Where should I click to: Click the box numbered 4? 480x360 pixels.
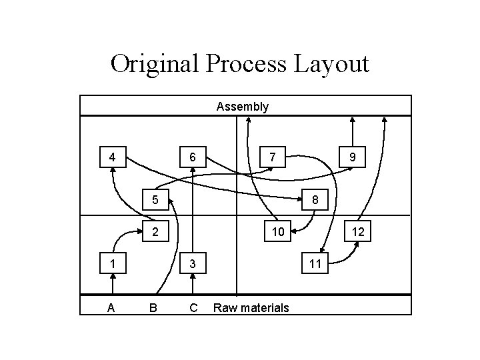[x=113, y=158]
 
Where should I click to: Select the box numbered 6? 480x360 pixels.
[x=193, y=158]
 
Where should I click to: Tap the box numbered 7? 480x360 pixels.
[x=272, y=158]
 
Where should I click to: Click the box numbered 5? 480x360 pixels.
[x=154, y=199]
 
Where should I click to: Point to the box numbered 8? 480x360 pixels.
[x=315, y=199]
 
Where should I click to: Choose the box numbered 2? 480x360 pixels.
[x=154, y=232]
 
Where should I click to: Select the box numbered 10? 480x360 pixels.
[x=275, y=232]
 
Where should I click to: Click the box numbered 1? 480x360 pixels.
[x=113, y=263]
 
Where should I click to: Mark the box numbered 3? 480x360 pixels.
[x=193, y=263]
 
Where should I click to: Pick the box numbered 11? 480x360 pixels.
[x=315, y=263]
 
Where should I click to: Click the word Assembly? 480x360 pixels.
[x=243, y=106]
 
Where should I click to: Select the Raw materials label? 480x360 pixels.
[x=251, y=307]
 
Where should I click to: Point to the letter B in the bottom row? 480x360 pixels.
[x=154, y=307]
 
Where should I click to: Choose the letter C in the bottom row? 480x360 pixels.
[x=193, y=307]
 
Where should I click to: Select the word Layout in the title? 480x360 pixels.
[x=331, y=65]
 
